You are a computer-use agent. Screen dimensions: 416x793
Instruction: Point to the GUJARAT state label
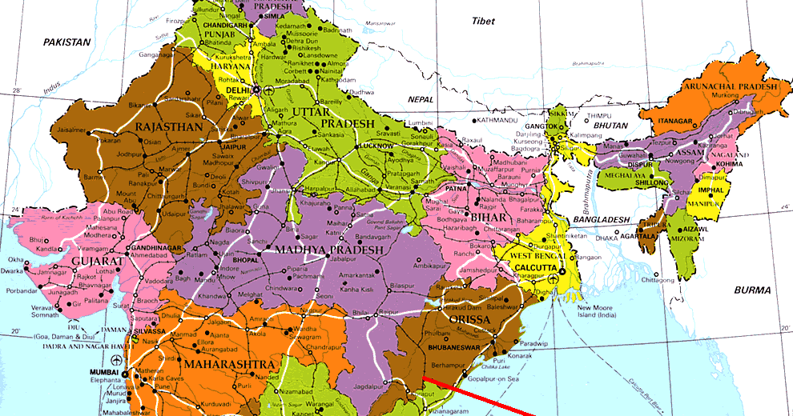[x=74, y=262]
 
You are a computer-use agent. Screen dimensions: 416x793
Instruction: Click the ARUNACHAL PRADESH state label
[x=730, y=86]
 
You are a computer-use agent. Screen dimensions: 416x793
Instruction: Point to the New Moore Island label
[x=594, y=310]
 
